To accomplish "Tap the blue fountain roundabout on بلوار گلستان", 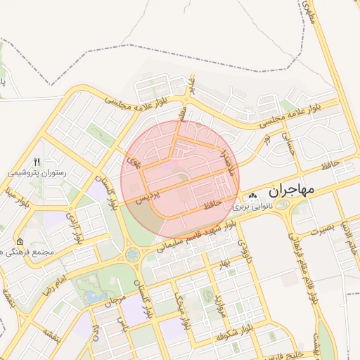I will [x=132, y=254].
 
